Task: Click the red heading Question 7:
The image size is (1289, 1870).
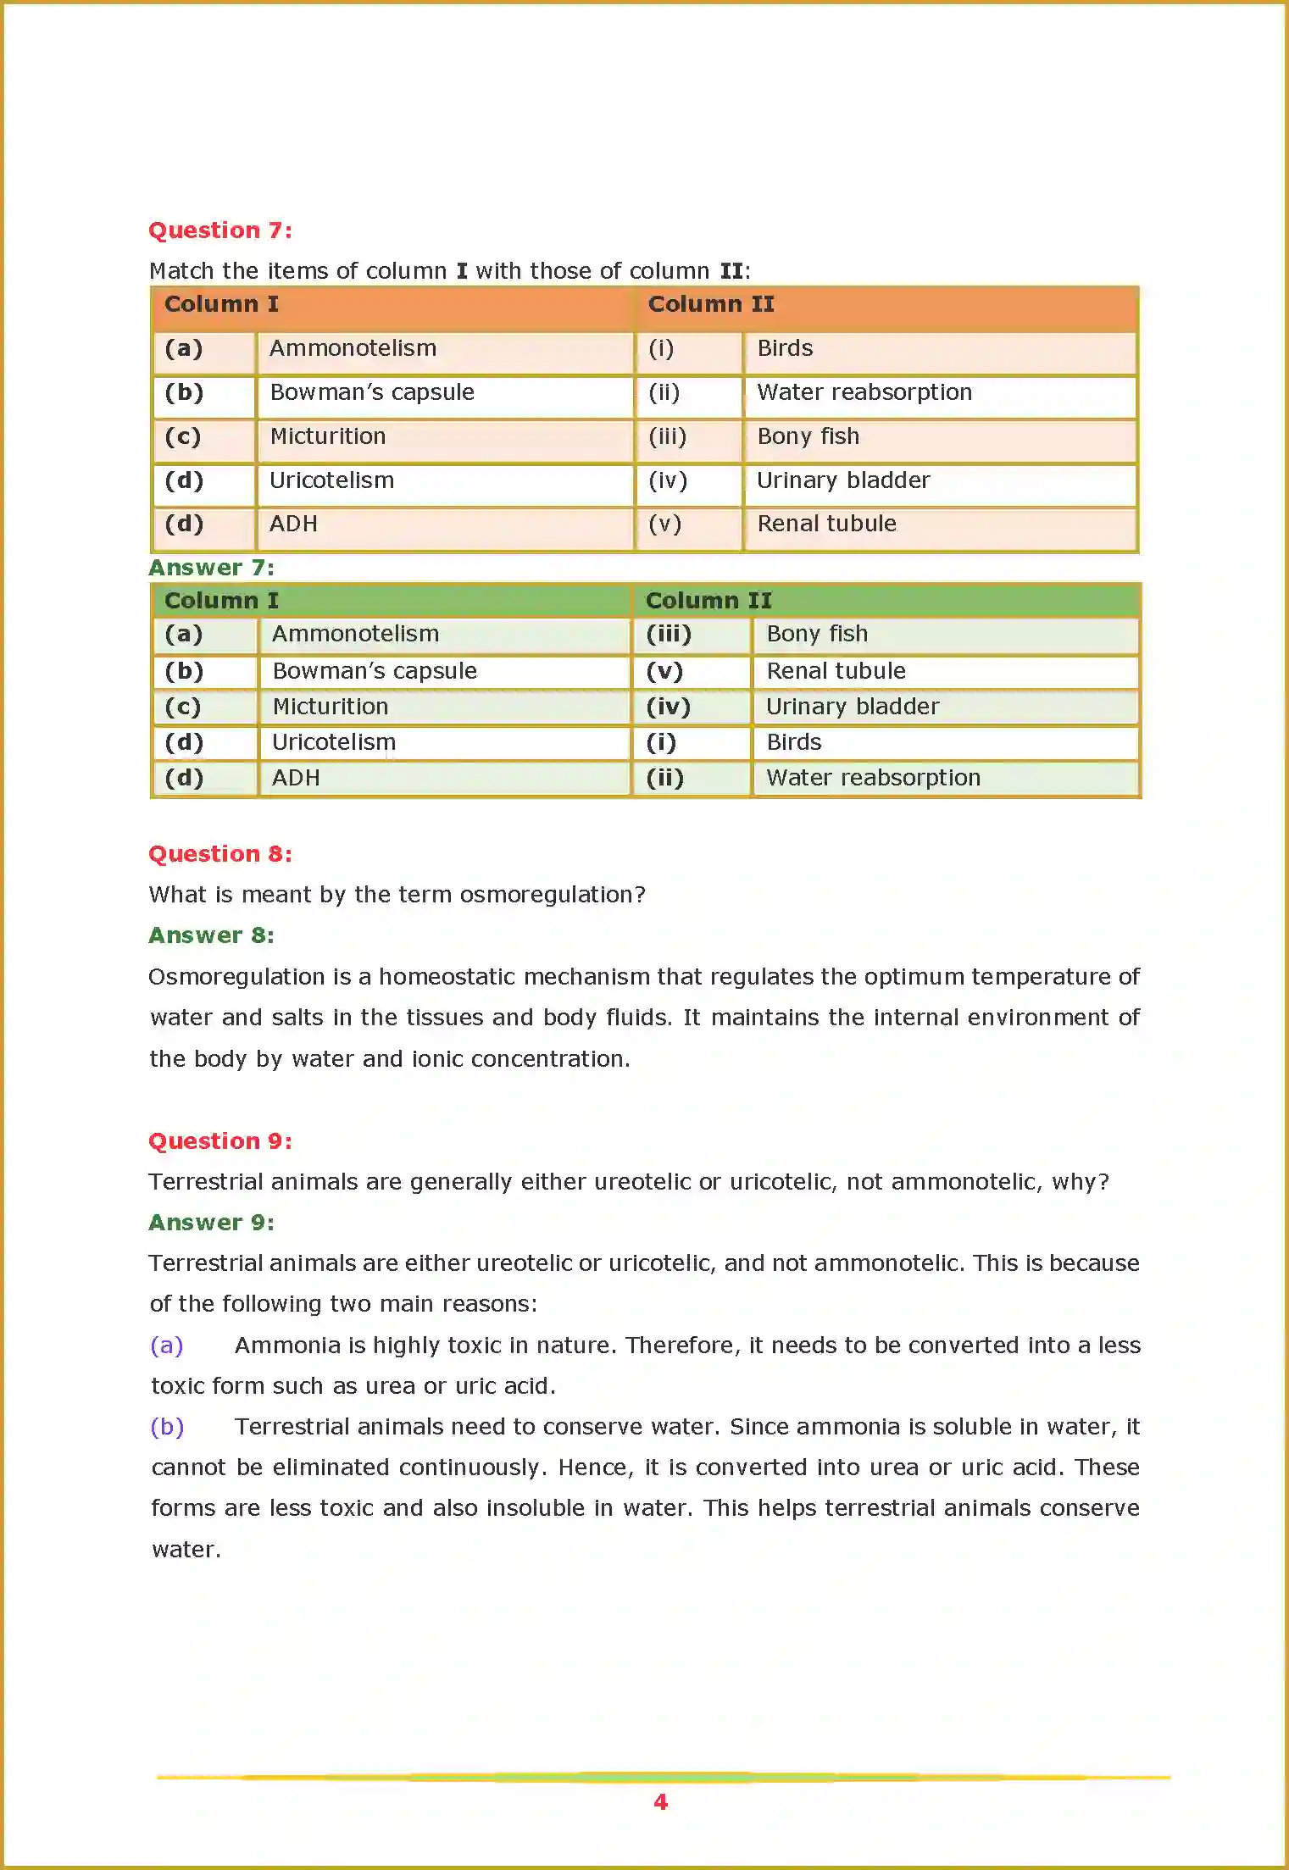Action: pos(220,230)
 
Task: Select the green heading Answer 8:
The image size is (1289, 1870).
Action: pos(211,935)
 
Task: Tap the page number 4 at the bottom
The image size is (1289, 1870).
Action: pos(661,1802)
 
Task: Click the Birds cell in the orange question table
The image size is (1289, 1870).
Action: pos(785,348)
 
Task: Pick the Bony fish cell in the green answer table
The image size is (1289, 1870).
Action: pos(817,634)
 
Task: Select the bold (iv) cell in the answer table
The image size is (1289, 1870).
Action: pos(669,707)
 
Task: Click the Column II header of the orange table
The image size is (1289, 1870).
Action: pos(711,304)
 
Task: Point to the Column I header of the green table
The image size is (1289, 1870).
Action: pos(221,601)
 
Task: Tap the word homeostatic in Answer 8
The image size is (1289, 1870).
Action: pos(447,977)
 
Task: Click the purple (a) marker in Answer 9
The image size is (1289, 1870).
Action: pos(167,1346)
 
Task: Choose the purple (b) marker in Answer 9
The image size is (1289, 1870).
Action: pos(167,1427)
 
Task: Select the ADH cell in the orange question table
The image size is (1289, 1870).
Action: pos(293,524)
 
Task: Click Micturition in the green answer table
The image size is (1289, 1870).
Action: pos(331,707)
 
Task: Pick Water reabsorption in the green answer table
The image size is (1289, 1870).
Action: pos(873,778)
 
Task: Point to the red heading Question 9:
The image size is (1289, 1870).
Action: pos(220,1141)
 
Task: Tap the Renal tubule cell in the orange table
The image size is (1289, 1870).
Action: pos(826,524)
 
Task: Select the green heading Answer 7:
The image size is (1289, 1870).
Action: pos(211,568)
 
